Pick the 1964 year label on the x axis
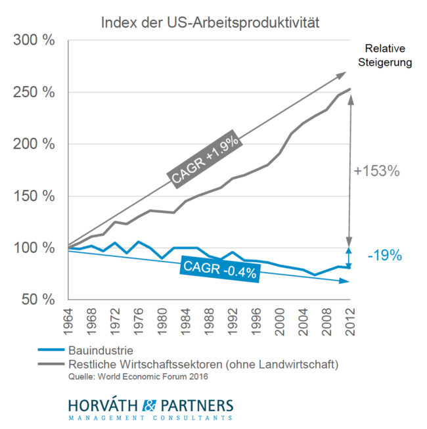pyautogui.click(x=68, y=321)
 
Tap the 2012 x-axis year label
pyautogui.click(x=349, y=321)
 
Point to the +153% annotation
pyautogui.click(x=377, y=171)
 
